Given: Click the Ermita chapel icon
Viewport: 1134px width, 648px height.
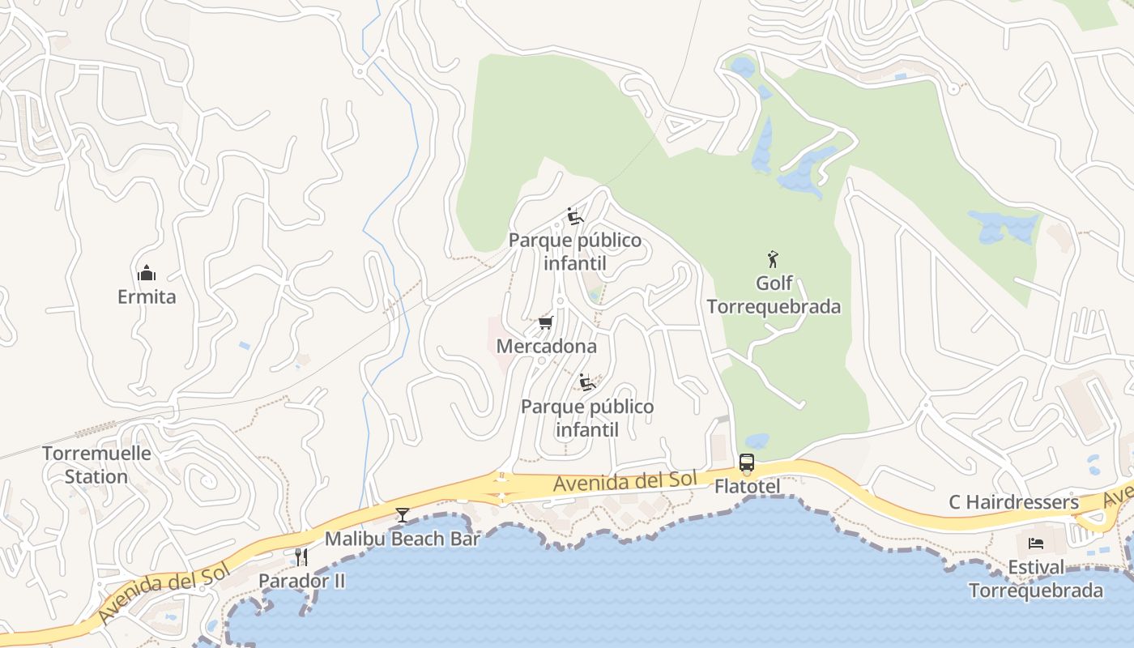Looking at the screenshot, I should point(147,272).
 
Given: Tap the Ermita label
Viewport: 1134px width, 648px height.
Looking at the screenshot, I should point(147,296).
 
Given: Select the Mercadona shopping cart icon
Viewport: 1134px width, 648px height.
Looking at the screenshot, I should point(546,323).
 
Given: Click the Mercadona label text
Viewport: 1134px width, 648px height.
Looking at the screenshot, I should point(546,347).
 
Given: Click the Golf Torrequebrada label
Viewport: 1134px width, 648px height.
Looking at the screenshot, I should point(774,295).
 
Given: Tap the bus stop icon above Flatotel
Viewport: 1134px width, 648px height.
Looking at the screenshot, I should point(747,463).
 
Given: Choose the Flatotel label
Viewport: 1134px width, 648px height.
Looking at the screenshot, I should point(747,487).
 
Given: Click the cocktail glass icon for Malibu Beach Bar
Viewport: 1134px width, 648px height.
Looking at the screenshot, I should point(402,515).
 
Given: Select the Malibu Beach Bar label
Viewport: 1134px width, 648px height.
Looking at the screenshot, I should point(402,539).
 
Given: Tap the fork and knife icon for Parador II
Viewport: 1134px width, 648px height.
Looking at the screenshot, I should point(301,556).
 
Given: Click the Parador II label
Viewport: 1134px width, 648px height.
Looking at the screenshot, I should point(301,581).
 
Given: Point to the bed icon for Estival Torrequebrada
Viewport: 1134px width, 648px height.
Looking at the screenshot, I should point(1036,543).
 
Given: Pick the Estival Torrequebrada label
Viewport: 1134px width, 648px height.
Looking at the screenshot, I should point(1036,578).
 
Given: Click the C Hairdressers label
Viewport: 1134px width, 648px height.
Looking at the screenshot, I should point(1013,503).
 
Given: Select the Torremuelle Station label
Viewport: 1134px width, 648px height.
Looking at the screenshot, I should point(96,465).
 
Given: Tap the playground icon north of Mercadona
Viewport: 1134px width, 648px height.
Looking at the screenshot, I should point(575,216).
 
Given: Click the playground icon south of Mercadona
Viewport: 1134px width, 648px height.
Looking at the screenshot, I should point(587,382).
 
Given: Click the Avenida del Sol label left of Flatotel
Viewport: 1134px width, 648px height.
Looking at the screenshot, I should point(625,481).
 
